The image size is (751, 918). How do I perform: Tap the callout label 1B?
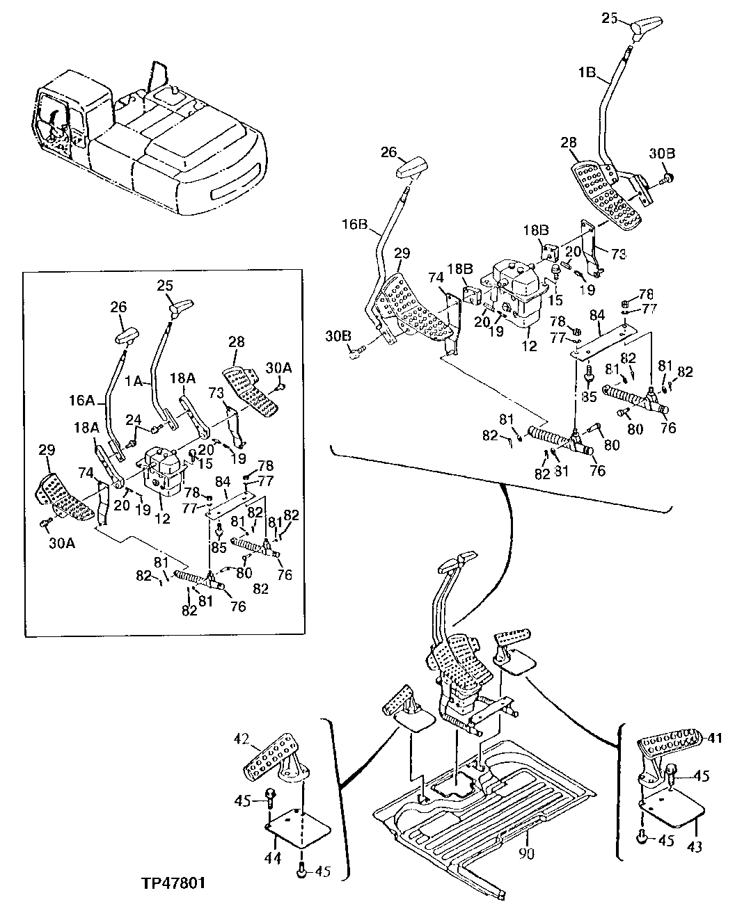587,71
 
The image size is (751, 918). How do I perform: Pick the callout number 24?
134,419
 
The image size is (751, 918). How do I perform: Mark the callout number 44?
272,859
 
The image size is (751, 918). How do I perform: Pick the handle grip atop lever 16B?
415,168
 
